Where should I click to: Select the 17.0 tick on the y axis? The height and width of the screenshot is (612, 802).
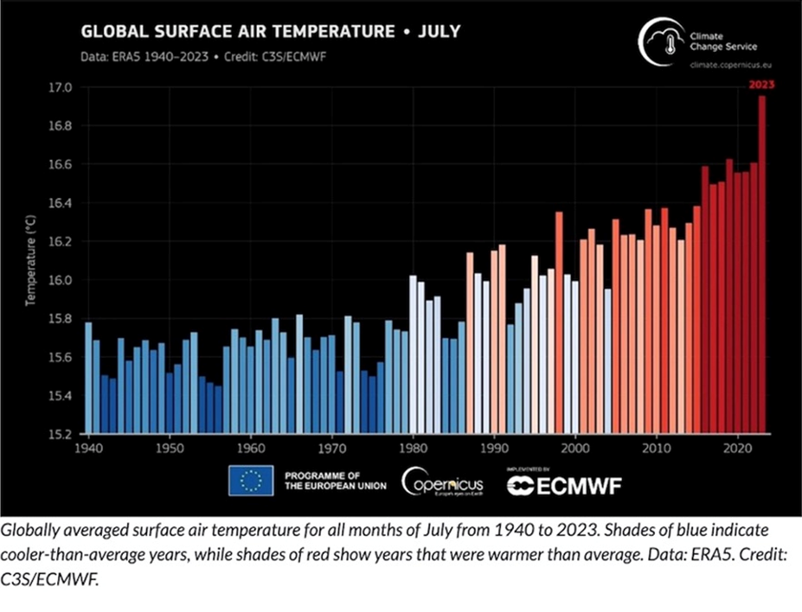tap(62, 87)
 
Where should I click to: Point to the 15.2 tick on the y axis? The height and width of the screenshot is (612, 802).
tap(62, 435)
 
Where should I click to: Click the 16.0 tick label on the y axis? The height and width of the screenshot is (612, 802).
tap(62, 280)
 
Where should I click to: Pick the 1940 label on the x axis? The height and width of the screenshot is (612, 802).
tap(87, 449)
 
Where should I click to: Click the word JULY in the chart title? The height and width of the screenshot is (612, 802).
tap(439, 32)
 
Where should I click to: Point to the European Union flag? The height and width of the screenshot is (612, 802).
tap(251, 481)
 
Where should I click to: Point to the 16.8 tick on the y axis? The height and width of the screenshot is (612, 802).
tap(62, 126)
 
